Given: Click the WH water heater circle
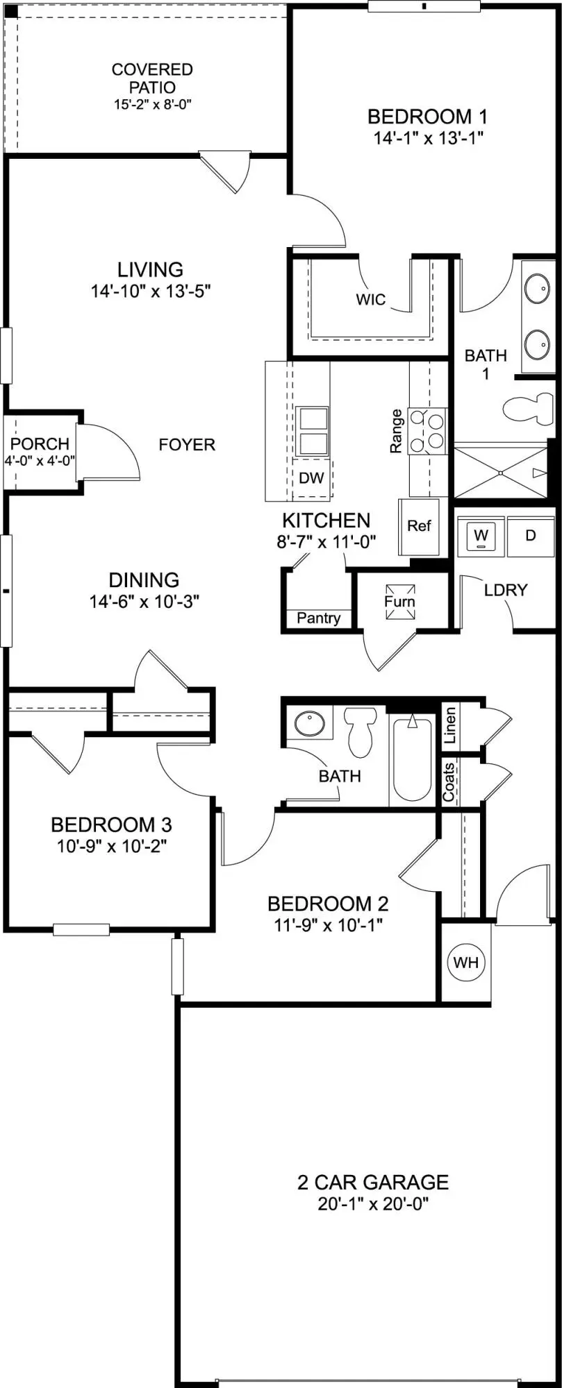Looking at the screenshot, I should (465, 962).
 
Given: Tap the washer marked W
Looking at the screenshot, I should (481, 536).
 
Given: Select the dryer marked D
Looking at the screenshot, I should (530, 536).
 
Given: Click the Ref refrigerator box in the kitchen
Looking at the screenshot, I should (419, 526).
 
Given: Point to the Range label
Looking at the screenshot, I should (396, 431).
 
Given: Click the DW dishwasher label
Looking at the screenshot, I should (312, 477).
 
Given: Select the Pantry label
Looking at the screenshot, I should (319, 618).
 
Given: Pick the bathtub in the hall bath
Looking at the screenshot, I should (413, 760).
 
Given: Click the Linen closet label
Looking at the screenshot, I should (450, 725).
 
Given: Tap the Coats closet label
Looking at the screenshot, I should (449, 782).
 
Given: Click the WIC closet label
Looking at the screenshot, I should (370, 300).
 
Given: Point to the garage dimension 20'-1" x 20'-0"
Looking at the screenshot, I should (373, 1203).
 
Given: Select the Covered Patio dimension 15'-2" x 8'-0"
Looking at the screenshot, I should (152, 105).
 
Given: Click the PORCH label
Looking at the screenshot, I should (40, 443).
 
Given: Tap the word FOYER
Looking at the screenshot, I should (187, 444).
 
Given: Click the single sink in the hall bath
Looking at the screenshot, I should (309, 725).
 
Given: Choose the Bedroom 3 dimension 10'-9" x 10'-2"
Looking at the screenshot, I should (111, 846).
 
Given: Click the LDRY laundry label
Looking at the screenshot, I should (506, 590).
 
